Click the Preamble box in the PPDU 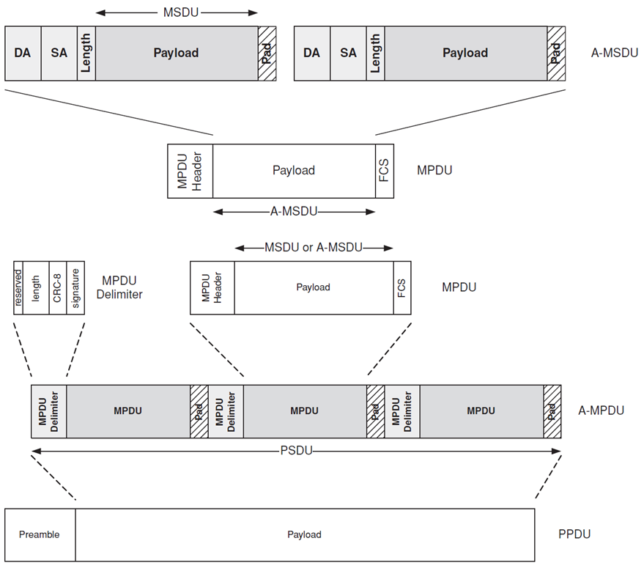40,534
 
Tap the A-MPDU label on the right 601,410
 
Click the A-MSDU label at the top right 610,53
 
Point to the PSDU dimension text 297,450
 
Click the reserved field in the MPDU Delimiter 18,287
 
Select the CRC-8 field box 58,287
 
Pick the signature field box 75,287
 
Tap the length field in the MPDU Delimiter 36,287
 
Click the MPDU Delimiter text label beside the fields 119,287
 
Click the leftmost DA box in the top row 23,53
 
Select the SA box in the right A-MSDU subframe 348,53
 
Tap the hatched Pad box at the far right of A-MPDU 552,410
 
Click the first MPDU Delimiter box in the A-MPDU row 48,410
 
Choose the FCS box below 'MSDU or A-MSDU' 402,287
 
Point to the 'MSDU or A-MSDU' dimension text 314,248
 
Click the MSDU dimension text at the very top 176,12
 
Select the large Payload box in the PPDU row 304,534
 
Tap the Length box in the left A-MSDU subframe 86,53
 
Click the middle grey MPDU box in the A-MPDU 304,410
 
